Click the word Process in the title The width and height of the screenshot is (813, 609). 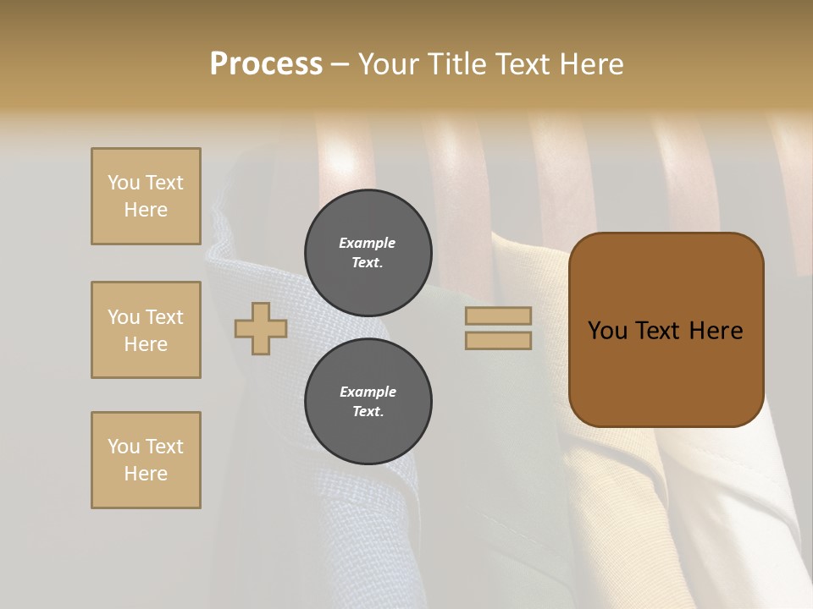click(x=266, y=64)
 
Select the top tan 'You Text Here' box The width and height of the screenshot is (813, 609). click(x=146, y=196)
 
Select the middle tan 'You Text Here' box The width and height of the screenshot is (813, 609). click(x=146, y=330)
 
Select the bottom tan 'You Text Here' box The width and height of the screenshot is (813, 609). click(x=146, y=460)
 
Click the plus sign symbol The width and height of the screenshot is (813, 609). click(x=261, y=328)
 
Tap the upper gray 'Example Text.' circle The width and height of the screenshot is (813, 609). click(x=368, y=253)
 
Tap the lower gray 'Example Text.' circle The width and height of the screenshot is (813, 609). click(x=368, y=402)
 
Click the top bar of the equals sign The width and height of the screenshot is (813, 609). click(x=498, y=315)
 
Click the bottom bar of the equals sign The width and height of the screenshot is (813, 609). click(x=498, y=340)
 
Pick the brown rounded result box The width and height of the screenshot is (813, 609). click(x=666, y=330)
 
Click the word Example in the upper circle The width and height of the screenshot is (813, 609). click(x=367, y=243)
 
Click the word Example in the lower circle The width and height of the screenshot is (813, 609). click(x=368, y=392)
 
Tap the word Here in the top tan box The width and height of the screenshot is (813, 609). click(x=146, y=210)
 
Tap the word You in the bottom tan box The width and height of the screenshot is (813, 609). click(x=124, y=447)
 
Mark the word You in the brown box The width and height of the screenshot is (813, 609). click(x=607, y=331)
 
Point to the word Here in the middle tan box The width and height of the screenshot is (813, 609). click(x=146, y=344)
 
